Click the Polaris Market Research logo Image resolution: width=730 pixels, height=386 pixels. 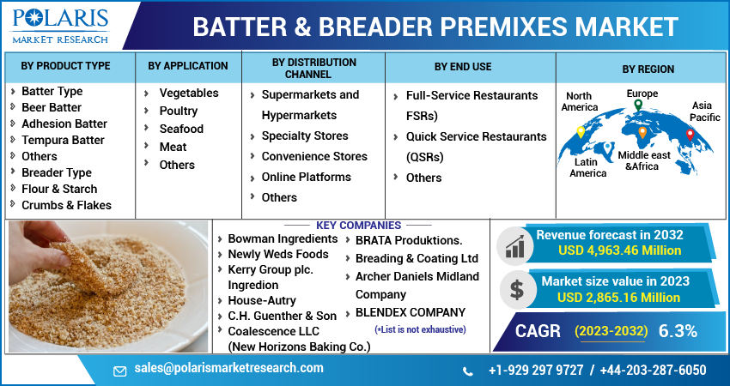click(59, 26)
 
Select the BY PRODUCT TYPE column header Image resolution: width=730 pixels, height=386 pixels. click(66, 66)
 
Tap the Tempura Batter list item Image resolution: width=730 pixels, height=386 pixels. click(63, 140)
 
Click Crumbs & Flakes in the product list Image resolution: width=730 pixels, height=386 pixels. click(66, 205)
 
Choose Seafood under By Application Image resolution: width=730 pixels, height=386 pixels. click(181, 129)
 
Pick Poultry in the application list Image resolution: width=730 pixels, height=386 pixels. click(179, 111)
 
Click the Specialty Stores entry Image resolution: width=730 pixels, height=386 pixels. click(305, 136)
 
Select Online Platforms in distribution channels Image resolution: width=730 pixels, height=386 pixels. click(306, 177)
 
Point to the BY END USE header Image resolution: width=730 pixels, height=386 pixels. click(463, 66)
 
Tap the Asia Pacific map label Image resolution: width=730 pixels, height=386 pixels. click(706, 111)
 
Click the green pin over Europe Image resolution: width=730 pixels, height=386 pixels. click(638, 106)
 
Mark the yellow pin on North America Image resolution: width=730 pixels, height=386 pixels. click(581, 132)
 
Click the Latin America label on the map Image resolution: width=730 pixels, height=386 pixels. click(587, 167)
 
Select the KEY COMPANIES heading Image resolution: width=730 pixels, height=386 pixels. click(358, 226)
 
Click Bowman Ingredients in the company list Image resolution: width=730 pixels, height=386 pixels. click(283, 238)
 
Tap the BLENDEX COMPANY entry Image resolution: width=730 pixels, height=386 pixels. click(411, 312)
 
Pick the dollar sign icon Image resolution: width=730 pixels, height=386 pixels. click(516, 289)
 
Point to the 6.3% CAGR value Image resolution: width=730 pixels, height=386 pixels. click(677, 331)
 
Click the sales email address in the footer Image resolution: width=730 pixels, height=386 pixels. click(228, 368)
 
